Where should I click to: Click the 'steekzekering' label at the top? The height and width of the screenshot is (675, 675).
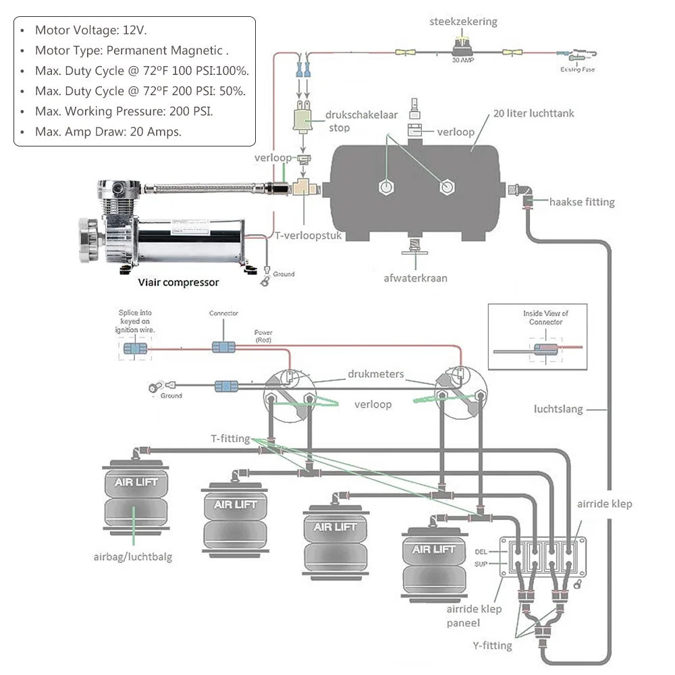pos(463,22)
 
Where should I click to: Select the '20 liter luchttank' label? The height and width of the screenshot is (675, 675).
pos(533,113)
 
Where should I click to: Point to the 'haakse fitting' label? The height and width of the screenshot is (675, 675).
pos(582,202)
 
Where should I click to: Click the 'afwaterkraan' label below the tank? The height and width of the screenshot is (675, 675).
pos(416,278)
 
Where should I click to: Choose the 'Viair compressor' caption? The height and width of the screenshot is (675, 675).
pos(178,282)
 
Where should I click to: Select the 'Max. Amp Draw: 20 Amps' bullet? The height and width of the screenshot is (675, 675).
pos(108,132)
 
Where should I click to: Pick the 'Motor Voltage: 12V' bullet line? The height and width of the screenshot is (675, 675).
pos(90,30)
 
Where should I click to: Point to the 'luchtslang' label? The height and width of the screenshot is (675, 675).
pos(558,409)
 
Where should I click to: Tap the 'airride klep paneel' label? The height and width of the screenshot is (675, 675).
pos(474,616)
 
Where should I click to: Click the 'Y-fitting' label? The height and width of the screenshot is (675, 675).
pos(492,646)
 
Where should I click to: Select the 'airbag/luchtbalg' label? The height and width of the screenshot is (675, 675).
pos(133,557)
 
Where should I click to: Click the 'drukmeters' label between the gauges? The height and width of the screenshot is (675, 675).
pos(376,373)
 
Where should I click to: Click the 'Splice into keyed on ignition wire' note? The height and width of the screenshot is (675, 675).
pos(138,321)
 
